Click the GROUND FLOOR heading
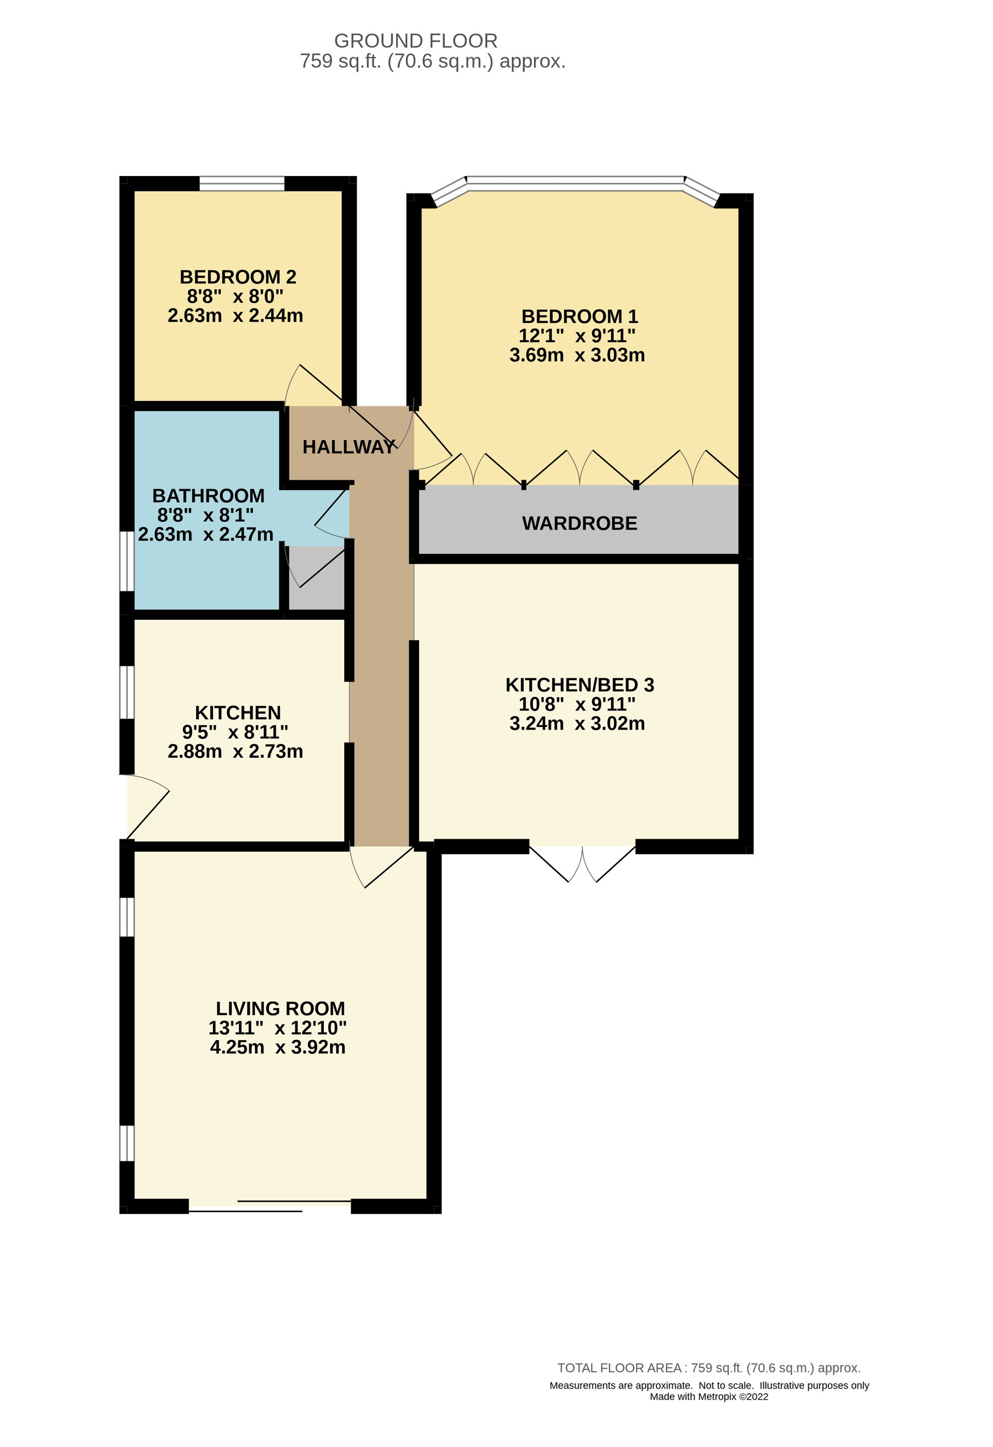[416, 41]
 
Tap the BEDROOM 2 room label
[238, 277]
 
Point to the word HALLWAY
[349, 447]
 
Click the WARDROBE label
[579, 524]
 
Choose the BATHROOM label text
[208, 496]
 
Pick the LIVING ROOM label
[280, 1009]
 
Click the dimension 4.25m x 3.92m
[278, 1047]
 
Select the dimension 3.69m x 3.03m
[577, 355]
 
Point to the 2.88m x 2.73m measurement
[235, 752]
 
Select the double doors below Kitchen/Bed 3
[583, 862]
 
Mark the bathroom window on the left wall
[127, 561]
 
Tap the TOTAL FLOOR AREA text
[708, 1368]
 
